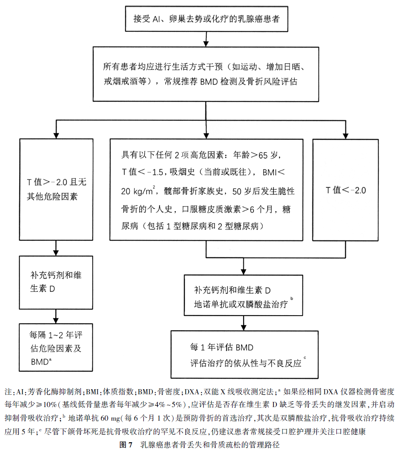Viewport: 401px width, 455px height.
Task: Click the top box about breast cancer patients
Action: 206,19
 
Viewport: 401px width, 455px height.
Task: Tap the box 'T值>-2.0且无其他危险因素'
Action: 56,190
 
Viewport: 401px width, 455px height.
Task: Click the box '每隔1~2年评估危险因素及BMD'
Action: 56,348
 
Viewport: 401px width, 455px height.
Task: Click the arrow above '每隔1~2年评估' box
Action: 56,317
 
